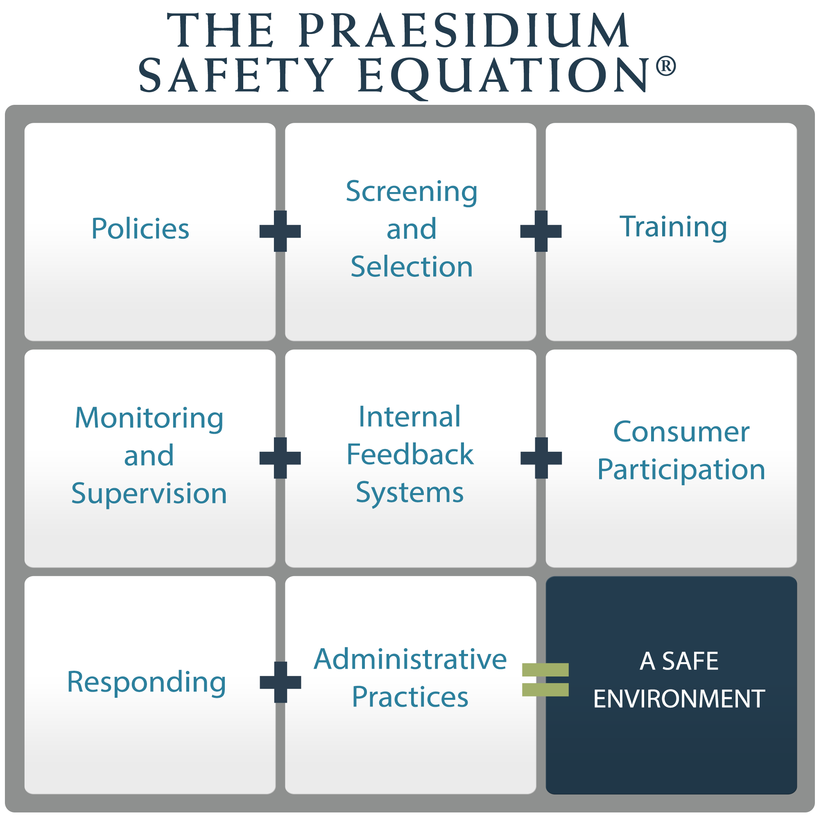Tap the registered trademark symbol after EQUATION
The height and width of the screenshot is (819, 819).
(x=665, y=67)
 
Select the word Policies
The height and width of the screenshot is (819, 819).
(x=140, y=229)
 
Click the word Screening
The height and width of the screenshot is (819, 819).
(x=411, y=192)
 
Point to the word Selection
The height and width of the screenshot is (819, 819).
(x=411, y=267)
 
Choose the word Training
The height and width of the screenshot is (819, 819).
(x=673, y=227)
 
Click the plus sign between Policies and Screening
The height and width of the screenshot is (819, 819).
(x=280, y=231)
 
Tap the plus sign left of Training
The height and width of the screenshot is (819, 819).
(x=541, y=231)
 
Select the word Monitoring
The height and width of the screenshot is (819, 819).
(x=149, y=419)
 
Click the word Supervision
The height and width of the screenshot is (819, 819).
(x=149, y=493)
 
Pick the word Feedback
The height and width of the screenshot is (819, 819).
(x=410, y=455)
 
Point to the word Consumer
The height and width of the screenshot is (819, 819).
(x=681, y=432)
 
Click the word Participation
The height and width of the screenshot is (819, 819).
(x=681, y=470)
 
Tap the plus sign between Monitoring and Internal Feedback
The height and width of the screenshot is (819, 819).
(x=280, y=458)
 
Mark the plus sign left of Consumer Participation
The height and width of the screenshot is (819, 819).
(x=541, y=458)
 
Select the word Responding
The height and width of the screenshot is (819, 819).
(x=147, y=682)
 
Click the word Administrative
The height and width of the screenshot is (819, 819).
(x=410, y=660)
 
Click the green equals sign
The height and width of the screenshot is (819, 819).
(x=545, y=679)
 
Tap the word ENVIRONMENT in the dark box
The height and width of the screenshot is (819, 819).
(x=679, y=699)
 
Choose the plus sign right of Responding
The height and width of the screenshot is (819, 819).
(x=281, y=682)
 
